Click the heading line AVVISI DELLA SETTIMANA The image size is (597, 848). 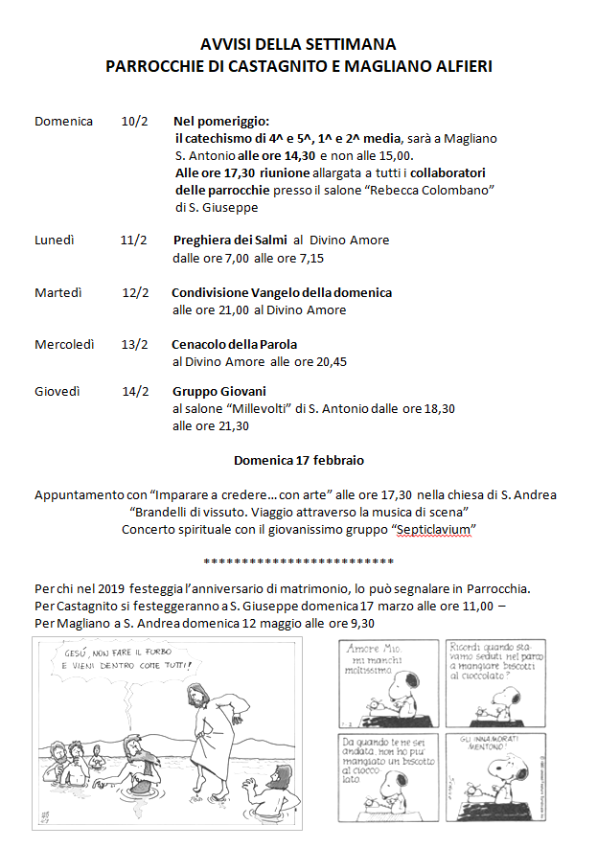pyautogui.click(x=298, y=44)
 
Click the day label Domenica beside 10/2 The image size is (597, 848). pyautogui.click(x=63, y=122)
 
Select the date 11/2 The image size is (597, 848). pyautogui.click(x=133, y=240)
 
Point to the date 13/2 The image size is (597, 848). pyautogui.click(x=135, y=344)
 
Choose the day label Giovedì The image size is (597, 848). pyautogui.click(x=57, y=391)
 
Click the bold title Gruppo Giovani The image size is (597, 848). pyautogui.click(x=219, y=391)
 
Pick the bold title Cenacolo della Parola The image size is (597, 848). pyautogui.click(x=235, y=344)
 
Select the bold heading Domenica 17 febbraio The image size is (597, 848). pyautogui.click(x=299, y=460)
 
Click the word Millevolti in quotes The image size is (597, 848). pyautogui.click(x=254, y=408)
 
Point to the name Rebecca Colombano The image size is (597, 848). pyautogui.click(x=441, y=190)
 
